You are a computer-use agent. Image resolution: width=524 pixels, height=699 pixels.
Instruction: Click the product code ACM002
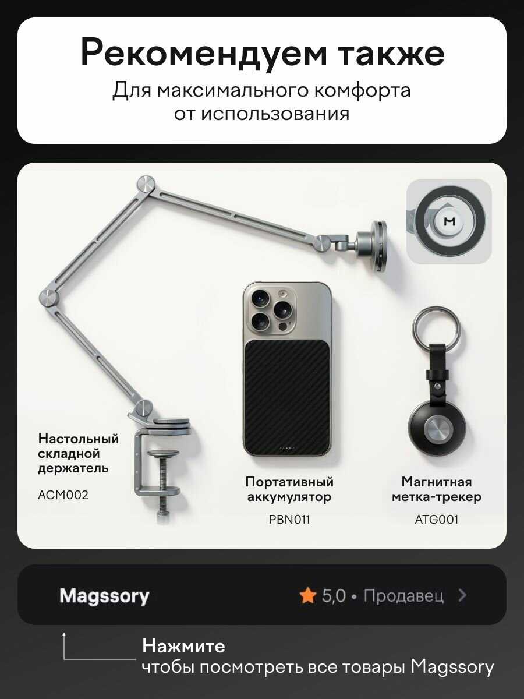[x=63, y=495]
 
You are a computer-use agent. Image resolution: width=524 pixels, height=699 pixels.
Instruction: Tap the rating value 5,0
[x=334, y=596]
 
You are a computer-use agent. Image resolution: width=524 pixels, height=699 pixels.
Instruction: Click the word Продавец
[x=403, y=596]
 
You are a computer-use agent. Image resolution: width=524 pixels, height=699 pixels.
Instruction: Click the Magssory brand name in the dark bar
[x=104, y=596]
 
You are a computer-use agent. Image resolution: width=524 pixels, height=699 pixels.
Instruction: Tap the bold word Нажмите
[x=183, y=646]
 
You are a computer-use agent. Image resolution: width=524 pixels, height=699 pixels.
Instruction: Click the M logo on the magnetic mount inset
[x=449, y=221]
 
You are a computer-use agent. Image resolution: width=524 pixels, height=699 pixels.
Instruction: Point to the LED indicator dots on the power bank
[x=286, y=449]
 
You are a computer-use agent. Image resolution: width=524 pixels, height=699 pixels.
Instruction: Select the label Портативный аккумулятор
[x=289, y=489]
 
